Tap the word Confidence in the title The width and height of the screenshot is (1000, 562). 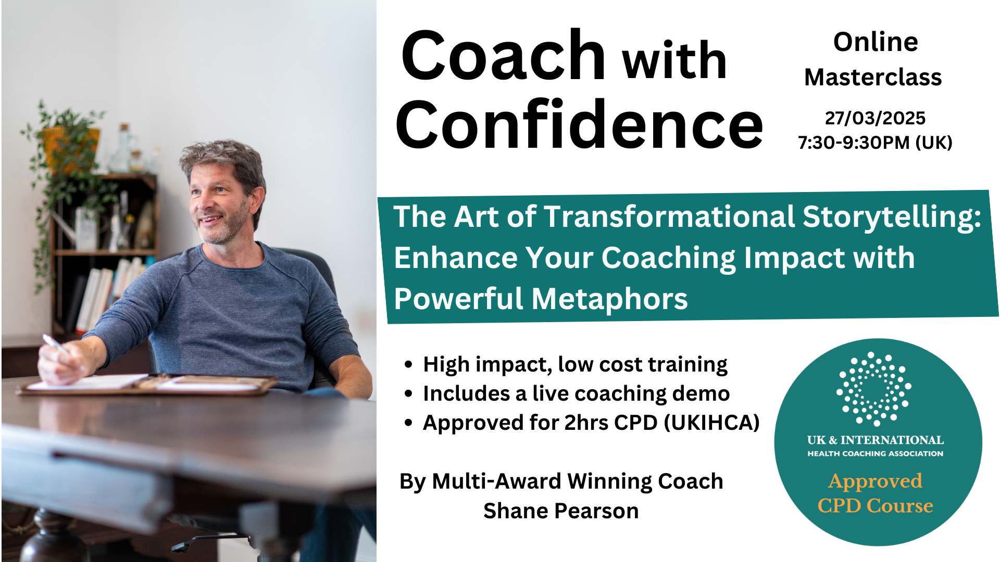click(579, 124)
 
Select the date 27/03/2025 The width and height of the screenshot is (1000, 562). click(875, 118)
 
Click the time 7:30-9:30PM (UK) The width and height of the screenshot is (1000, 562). click(875, 142)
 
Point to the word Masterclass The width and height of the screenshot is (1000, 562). click(873, 78)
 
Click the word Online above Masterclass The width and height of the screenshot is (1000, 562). click(876, 42)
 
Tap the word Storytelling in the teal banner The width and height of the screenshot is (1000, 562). click(892, 218)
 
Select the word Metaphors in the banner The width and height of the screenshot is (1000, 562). click(609, 299)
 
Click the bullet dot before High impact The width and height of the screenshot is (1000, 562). click(408, 364)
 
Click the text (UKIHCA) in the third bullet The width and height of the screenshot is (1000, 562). click(711, 423)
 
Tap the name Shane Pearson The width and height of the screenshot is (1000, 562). click(561, 511)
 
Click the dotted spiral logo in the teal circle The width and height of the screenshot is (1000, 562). click(874, 389)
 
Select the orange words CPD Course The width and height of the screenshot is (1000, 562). click(875, 506)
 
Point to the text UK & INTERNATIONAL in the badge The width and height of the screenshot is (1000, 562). click(875, 440)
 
